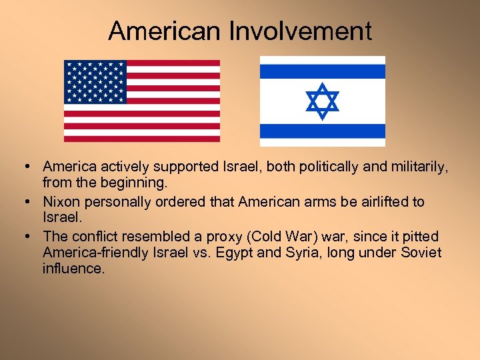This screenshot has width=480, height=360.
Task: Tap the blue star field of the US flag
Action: [95, 82]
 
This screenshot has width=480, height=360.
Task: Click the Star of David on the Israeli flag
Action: [322, 101]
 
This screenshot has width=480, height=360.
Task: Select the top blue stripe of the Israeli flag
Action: [322, 71]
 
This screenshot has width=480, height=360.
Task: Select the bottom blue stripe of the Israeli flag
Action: [322, 131]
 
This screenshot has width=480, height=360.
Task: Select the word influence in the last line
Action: [73, 269]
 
